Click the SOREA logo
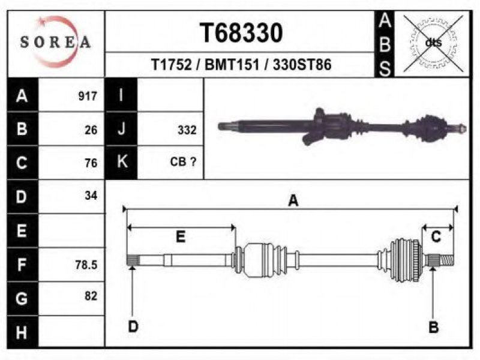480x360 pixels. pos(55,41)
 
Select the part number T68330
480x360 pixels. pos(241,33)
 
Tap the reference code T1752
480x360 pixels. pos(172,65)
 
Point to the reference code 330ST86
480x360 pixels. pos(302,65)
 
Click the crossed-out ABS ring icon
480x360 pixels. pos(433,43)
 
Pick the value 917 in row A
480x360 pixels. pos(88,96)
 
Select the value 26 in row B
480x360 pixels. pos(91,130)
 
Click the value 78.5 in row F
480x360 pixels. pos(86,265)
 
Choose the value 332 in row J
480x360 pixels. pos(187,130)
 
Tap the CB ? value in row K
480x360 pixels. pos(183,161)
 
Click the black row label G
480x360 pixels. pos(22,298)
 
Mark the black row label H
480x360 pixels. pos(22,332)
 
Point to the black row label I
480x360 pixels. pos(121,95)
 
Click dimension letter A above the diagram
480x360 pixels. pos(293,201)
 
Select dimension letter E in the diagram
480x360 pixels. pos(181,236)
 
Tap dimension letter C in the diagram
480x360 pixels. pos(436,236)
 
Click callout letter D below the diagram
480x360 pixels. pos(133,326)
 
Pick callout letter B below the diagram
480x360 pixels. pos(433,327)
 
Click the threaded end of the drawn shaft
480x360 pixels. pos(447,260)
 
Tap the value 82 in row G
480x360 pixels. pos(91,296)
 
